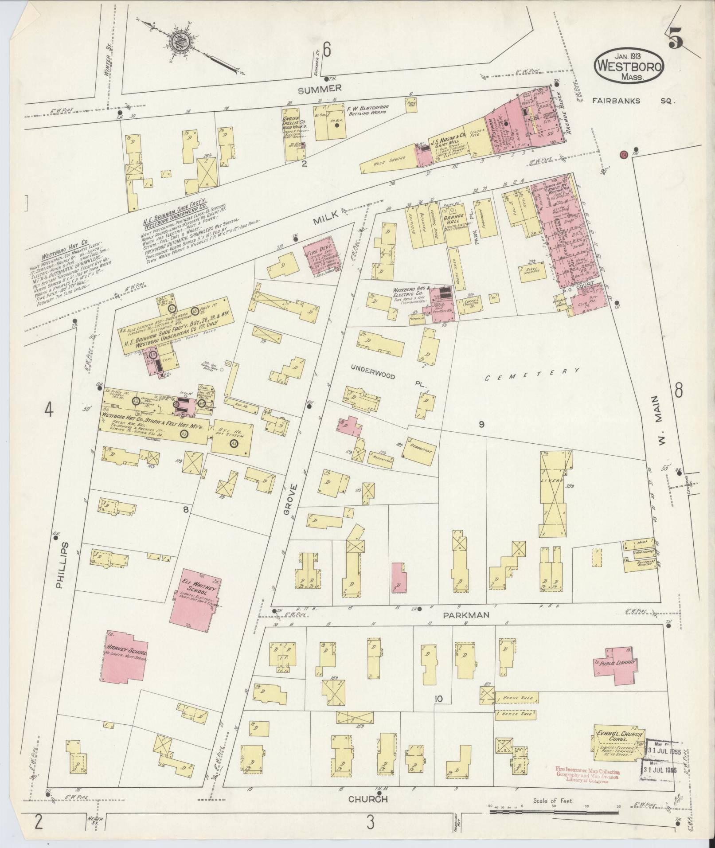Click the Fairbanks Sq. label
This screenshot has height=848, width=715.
[x=633, y=101]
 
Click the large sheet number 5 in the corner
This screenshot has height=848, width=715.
[x=675, y=41]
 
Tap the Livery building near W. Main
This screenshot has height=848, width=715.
[x=552, y=493]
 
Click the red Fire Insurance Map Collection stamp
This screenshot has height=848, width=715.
[x=587, y=775]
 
